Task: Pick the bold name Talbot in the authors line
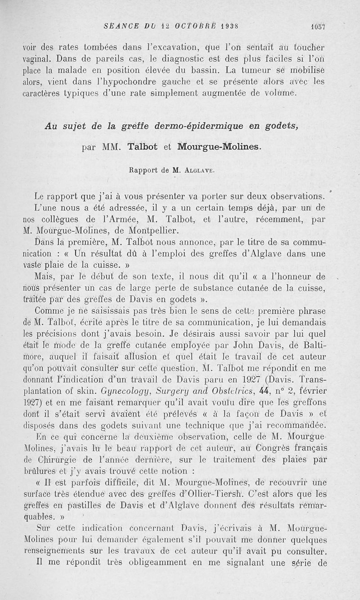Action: tap(145, 147)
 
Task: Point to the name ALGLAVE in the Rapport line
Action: tap(197, 171)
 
